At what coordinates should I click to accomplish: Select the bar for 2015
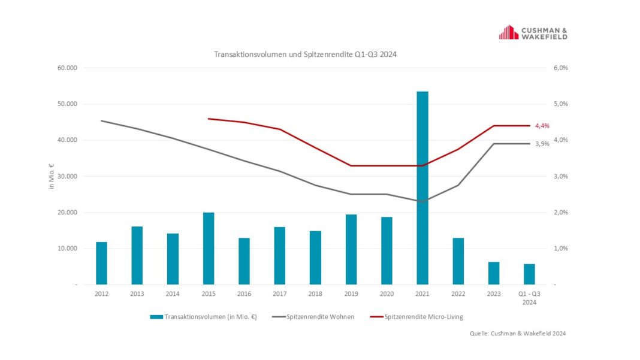click(x=209, y=248)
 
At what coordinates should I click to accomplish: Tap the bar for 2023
click(x=493, y=273)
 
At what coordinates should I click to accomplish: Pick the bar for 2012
click(x=102, y=263)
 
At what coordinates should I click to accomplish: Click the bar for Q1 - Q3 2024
click(x=529, y=274)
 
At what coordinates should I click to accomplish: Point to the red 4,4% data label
click(x=542, y=126)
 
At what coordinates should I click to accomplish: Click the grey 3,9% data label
click(x=542, y=144)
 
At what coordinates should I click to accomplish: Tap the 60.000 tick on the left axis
click(x=68, y=68)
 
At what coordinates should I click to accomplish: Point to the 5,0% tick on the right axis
click(x=560, y=104)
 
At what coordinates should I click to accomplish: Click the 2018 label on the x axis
click(x=315, y=294)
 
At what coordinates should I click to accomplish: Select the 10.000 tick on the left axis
click(x=68, y=249)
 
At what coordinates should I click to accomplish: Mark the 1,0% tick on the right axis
click(x=560, y=249)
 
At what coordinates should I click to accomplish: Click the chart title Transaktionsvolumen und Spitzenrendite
click(x=306, y=54)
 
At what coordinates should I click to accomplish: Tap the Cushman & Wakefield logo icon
click(x=509, y=32)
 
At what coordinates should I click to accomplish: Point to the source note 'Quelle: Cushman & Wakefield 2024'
click(x=518, y=334)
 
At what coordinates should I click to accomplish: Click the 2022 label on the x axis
click(x=458, y=294)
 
